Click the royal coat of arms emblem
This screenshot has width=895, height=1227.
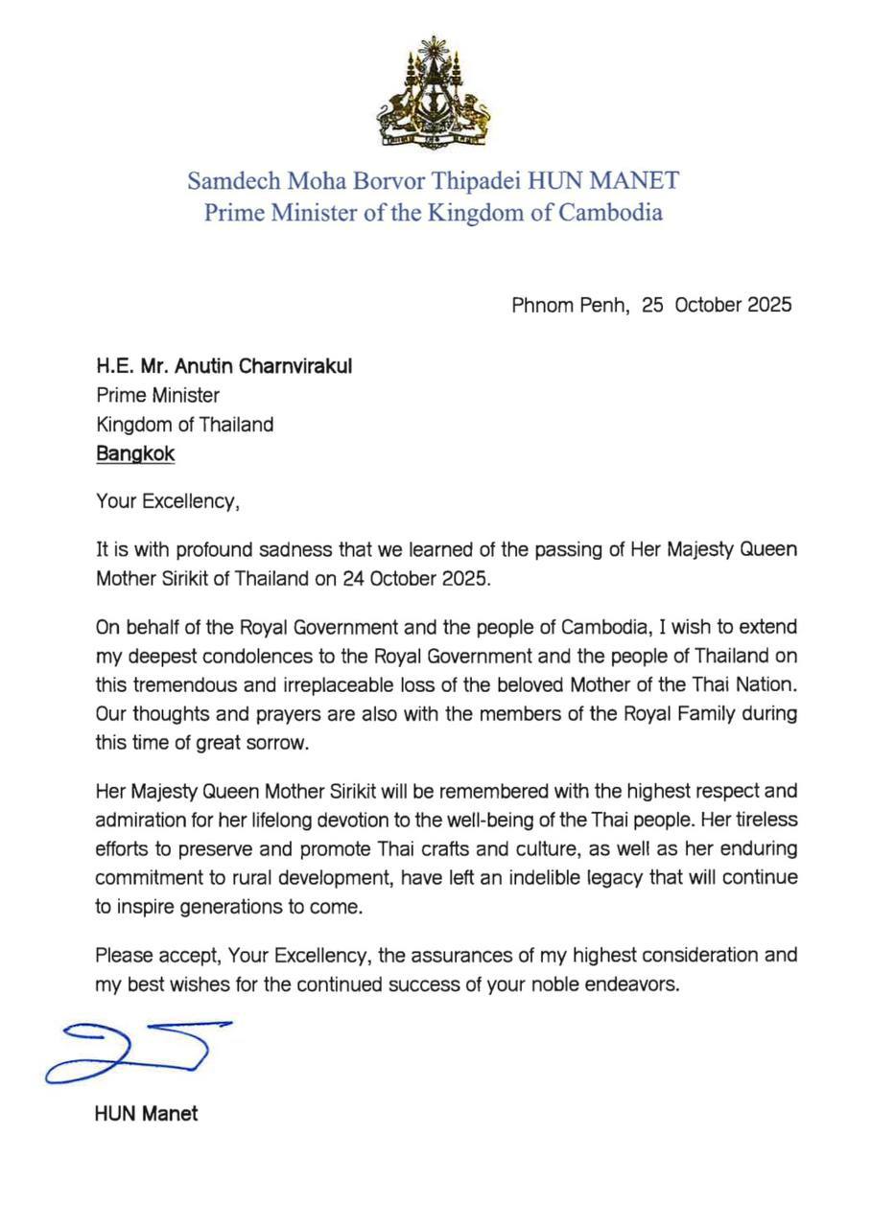click(433, 92)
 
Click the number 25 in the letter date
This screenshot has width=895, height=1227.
click(653, 305)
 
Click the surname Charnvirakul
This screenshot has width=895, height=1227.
click(292, 365)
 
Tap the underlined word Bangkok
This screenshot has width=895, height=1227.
click(135, 453)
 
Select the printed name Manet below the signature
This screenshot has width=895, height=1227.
click(171, 1114)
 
